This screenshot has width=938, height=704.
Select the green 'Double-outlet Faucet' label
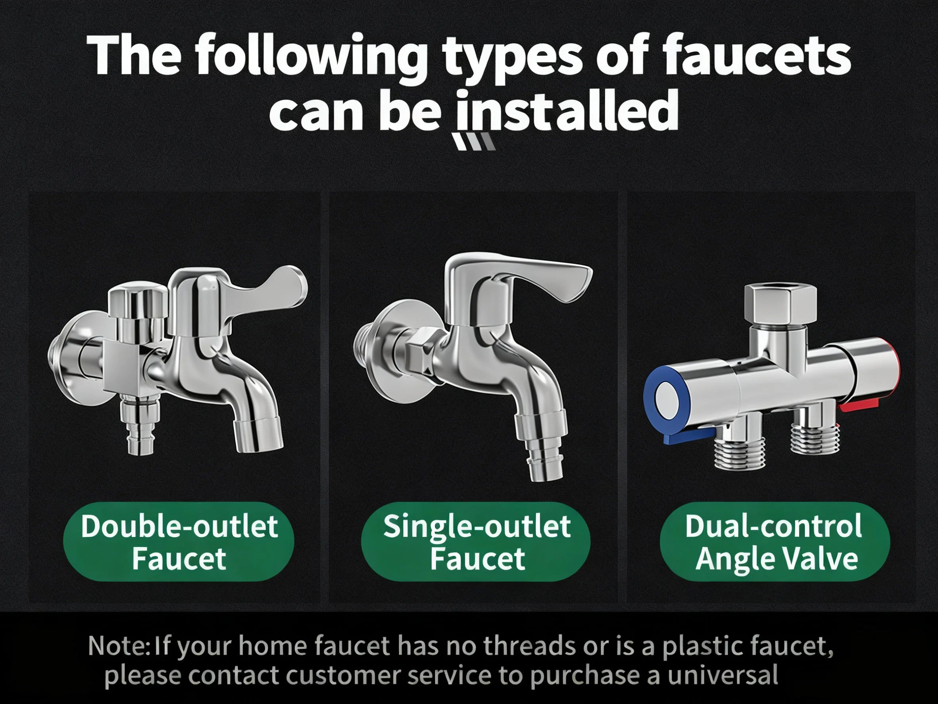(x=179, y=542)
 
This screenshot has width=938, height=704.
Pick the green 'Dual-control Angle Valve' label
(x=775, y=542)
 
